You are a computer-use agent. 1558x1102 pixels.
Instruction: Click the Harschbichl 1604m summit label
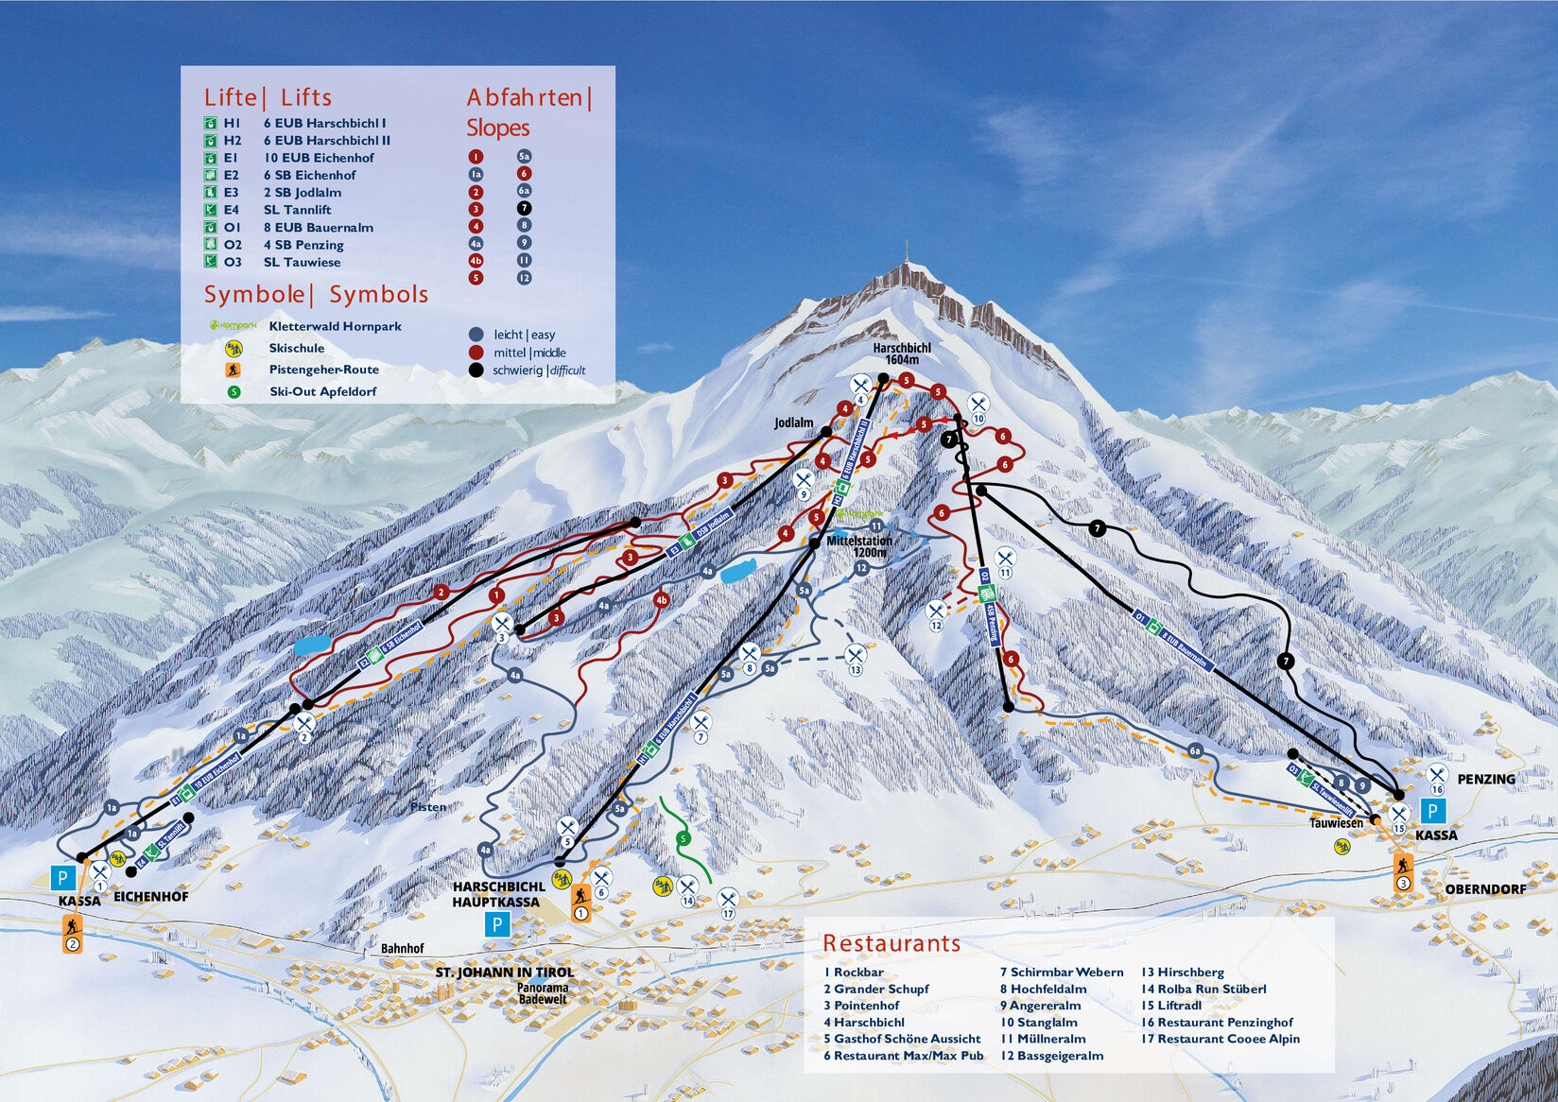901,353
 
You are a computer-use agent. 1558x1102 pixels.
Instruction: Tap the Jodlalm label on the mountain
793,422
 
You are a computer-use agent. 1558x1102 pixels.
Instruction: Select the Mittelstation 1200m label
858,546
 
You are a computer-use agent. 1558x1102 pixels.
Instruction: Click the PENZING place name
1485,779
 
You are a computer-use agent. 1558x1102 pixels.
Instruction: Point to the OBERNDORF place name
1484,889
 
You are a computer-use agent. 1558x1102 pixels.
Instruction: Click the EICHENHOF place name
150,897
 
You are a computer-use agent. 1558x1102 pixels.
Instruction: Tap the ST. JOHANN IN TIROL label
504,972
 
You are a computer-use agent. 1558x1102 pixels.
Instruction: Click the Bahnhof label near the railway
402,948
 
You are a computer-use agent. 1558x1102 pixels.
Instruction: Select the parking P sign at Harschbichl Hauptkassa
497,924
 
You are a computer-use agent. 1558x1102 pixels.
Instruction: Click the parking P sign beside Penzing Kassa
1432,811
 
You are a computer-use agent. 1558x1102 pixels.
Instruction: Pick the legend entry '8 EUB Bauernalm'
318,228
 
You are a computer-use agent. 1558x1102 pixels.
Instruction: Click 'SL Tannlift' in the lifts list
297,210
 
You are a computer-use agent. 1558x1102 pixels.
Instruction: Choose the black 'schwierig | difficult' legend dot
476,370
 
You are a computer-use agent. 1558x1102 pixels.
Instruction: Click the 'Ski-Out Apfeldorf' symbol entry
322,391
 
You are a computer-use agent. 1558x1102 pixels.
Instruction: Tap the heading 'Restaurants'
891,943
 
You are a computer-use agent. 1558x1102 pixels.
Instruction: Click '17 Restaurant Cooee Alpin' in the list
1220,1039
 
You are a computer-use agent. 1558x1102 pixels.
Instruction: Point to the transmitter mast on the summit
908,253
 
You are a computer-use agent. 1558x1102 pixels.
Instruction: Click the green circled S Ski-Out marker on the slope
683,838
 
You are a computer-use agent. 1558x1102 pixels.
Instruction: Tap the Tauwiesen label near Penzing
1336,823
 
